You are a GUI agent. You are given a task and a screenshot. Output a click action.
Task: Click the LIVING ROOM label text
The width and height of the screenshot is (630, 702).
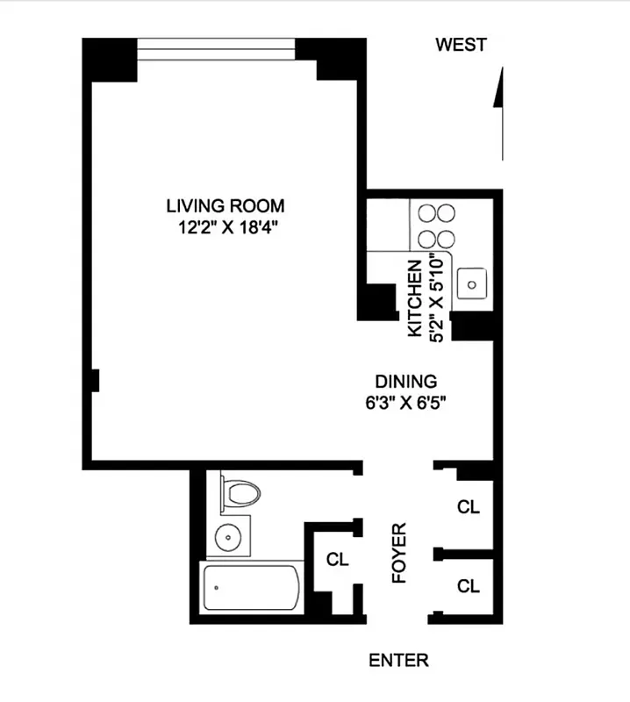click(226, 206)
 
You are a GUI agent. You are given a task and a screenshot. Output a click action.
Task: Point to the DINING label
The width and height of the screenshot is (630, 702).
click(405, 382)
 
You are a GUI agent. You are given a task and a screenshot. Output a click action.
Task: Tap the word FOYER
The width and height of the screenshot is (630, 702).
click(399, 555)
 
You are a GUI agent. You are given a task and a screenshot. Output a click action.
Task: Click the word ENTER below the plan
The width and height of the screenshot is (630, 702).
click(398, 661)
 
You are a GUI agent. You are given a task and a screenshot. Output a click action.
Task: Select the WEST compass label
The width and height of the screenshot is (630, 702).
click(461, 46)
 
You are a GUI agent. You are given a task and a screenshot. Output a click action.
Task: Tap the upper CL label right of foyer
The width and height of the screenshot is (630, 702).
click(469, 507)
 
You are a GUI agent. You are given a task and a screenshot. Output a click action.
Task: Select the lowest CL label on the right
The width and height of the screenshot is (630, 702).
click(469, 586)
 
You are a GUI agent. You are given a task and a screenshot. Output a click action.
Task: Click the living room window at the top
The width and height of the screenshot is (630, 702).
click(217, 50)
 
